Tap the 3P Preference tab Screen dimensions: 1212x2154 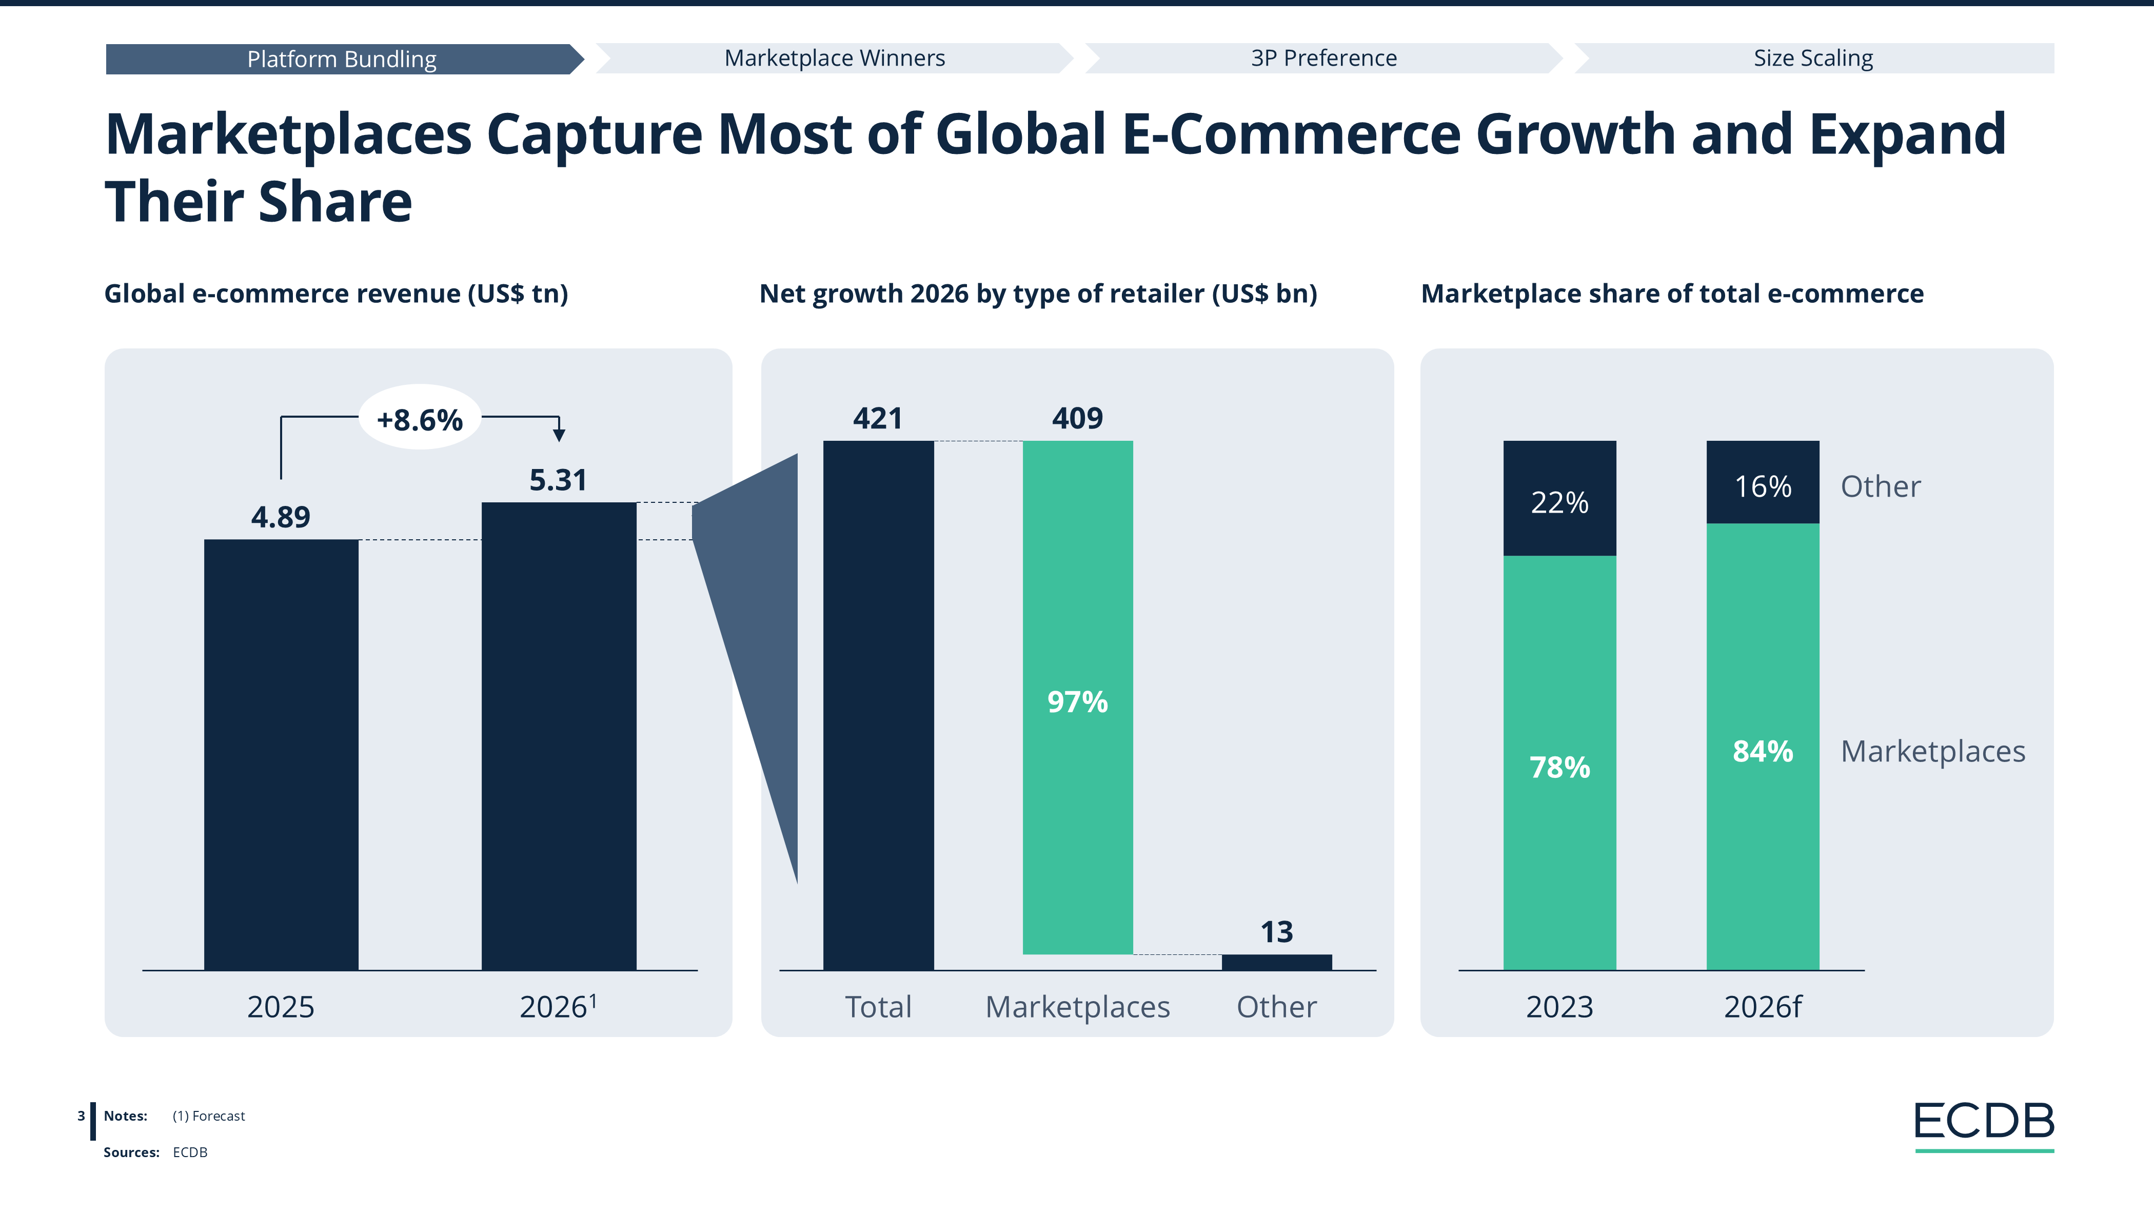click(x=1323, y=58)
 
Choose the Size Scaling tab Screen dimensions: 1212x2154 click(x=1813, y=58)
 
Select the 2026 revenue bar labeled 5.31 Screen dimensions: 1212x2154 click(x=559, y=736)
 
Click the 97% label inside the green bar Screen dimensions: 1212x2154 click(x=1077, y=701)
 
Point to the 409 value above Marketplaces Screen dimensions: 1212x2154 click(x=1077, y=417)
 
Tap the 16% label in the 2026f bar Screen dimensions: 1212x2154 click(x=1763, y=486)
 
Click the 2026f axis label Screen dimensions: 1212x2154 click(x=1763, y=1006)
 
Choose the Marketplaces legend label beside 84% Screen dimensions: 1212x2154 click(x=1932, y=751)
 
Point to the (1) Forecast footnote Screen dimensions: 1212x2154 click(x=208, y=1116)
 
